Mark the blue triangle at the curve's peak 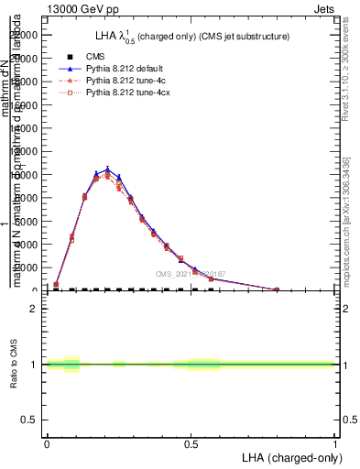click(x=107, y=169)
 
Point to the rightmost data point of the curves click(x=277, y=289)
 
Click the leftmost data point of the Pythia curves click(x=56, y=284)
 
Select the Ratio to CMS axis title click(x=14, y=365)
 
